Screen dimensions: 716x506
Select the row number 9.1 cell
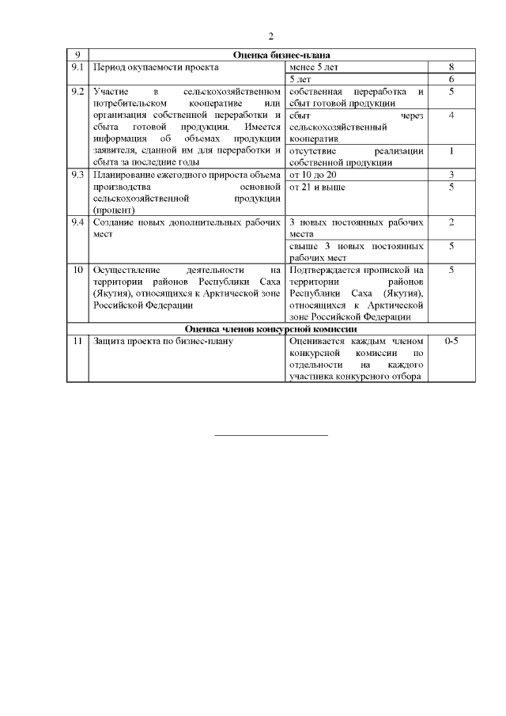click(77, 67)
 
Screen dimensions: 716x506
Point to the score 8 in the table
click(451, 67)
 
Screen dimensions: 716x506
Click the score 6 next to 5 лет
click(451, 80)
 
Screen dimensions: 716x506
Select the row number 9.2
click(77, 93)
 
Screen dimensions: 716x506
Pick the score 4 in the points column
click(451, 116)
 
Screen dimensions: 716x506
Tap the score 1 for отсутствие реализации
click(451, 150)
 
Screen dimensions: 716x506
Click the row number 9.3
click(77, 174)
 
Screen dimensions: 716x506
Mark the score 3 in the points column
click(451, 174)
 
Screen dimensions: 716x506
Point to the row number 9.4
click(77, 222)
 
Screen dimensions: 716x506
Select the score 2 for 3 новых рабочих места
click(451, 222)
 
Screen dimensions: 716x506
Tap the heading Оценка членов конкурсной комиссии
click(270, 328)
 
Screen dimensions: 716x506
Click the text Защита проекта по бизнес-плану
click(162, 341)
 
